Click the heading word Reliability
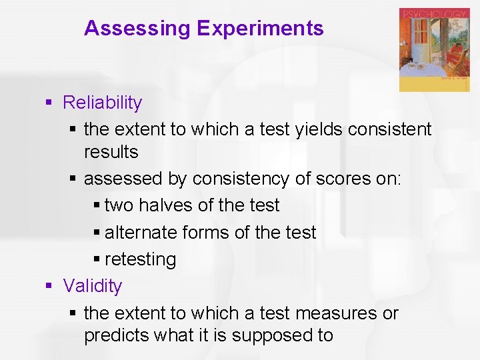[x=102, y=103]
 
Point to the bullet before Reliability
[x=49, y=103]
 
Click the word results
[x=111, y=152]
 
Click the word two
[x=119, y=206]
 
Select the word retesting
[x=140, y=259]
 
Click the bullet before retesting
[x=97, y=259]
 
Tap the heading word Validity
[x=93, y=286]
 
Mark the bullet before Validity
[x=49, y=286]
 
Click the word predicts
[x=116, y=335]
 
